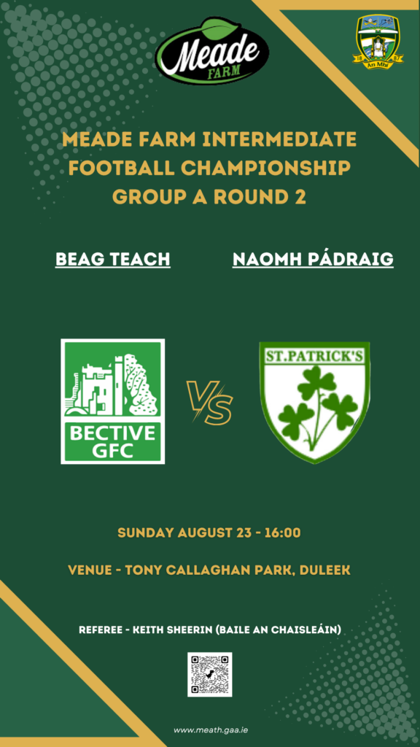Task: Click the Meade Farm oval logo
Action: [212, 52]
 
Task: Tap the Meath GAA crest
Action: [378, 42]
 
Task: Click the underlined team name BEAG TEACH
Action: [113, 260]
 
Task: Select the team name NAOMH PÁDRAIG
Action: [313, 260]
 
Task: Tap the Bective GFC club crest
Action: [113, 401]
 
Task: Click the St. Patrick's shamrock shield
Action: [314, 402]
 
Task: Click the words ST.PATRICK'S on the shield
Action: [314, 356]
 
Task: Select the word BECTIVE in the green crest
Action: [113, 433]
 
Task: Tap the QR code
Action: [209, 675]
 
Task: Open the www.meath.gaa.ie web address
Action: [210, 729]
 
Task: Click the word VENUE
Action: [89, 570]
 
